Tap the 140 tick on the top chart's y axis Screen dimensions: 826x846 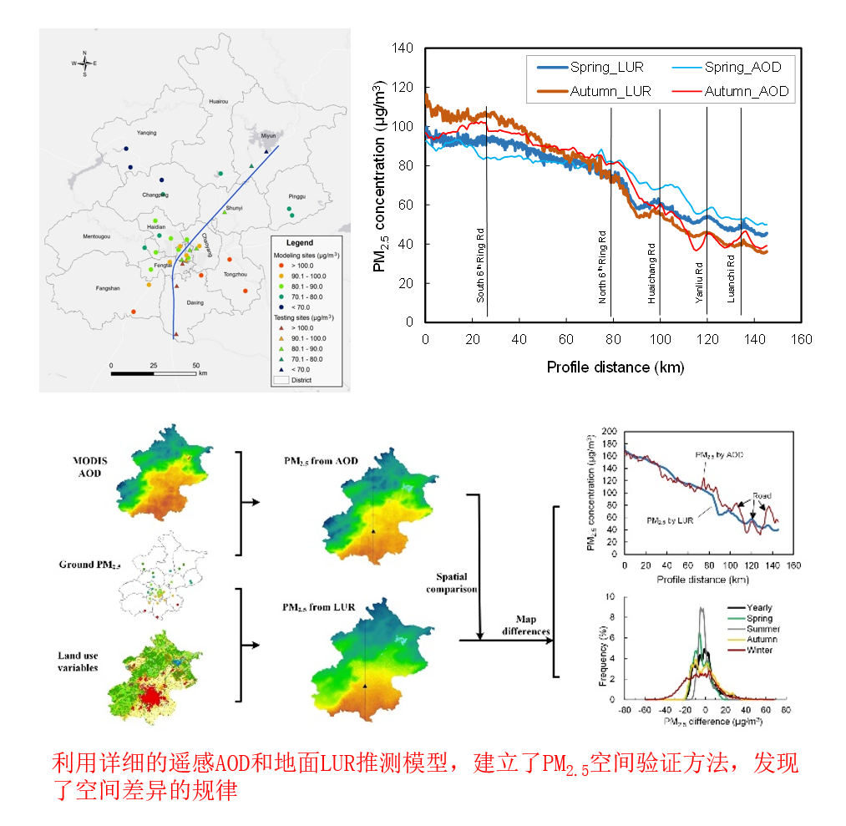click(403, 48)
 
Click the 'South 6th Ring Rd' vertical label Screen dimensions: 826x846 click(481, 264)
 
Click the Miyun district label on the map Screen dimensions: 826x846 click(268, 135)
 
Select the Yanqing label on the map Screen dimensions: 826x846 click(146, 133)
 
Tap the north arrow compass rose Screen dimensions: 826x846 click(85, 63)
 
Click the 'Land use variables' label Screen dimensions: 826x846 click(78, 661)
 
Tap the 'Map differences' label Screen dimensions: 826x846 click(525, 625)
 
